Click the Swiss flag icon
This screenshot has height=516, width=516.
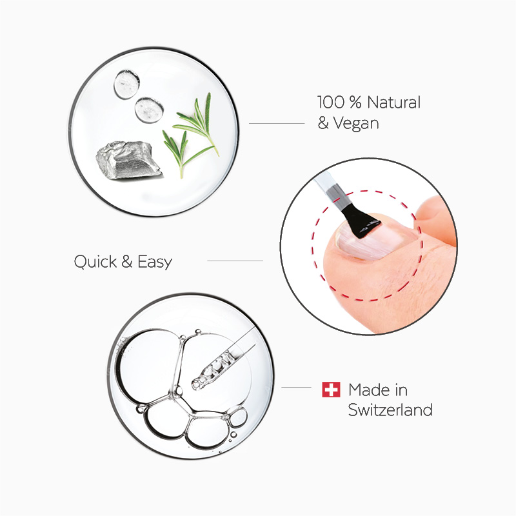pyautogui.click(x=331, y=390)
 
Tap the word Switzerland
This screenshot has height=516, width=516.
pyautogui.click(x=390, y=410)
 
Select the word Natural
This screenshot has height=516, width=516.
pyautogui.click(x=395, y=103)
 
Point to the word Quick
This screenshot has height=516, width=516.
pyautogui.click(x=95, y=263)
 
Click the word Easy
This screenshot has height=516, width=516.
pyautogui.click(x=155, y=263)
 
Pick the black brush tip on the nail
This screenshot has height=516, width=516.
pyautogui.click(x=361, y=221)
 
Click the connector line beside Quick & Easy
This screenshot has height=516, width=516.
pyautogui.click(x=235, y=261)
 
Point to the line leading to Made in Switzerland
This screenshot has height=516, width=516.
pyautogui.click(x=297, y=388)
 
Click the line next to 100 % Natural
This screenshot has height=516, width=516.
pyautogui.click(x=276, y=123)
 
